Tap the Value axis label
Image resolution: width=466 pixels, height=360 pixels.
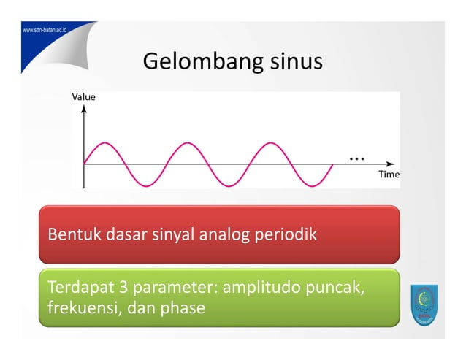tap(83, 96)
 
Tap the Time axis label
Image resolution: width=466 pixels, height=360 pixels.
tap(388, 175)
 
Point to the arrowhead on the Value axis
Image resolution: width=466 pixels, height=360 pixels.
tap(84, 107)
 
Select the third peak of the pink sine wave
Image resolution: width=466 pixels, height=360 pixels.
tap(270, 143)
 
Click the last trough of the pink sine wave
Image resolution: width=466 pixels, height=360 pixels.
tap(312, 185)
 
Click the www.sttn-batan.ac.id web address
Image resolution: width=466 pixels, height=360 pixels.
tap(45, 31)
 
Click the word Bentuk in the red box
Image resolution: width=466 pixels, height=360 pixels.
tap(71, 236)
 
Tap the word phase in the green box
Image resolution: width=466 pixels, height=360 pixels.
tap(181, 307)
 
